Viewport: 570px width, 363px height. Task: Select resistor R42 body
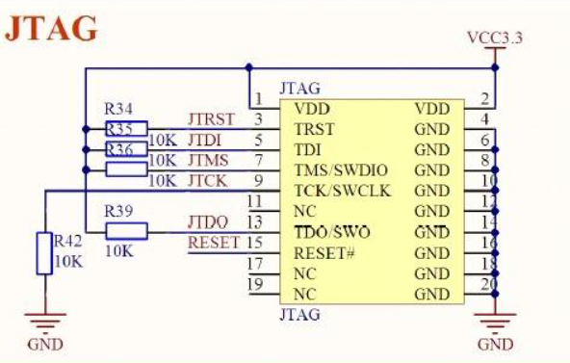point(42,253)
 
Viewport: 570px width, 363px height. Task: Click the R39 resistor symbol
point(126,230)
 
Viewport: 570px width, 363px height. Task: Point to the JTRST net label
point(211,119)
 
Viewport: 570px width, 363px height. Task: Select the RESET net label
point(213,243)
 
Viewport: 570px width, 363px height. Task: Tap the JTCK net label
point(208,180)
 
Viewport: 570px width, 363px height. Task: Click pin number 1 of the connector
point(258,98)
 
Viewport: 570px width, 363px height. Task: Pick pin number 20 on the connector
point(487,285)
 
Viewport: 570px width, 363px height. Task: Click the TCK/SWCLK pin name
point(343,191)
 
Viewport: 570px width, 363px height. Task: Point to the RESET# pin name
point(325,253)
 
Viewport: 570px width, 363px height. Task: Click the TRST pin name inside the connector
point(314,129)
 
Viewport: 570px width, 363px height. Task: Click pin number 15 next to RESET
point(255,243)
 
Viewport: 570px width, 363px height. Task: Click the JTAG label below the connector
point(299,314)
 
